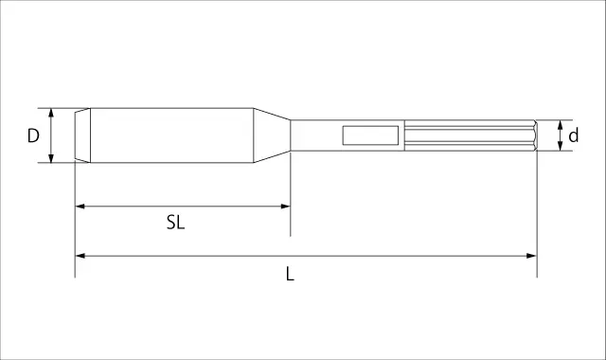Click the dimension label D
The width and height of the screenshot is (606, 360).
tap(33, 135)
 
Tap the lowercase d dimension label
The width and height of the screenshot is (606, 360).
tap(574, 135)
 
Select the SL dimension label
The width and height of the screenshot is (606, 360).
tap(175, 223)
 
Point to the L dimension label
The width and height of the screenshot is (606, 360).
tap(290, 274)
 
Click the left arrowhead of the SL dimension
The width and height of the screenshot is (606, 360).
tap(80, 207)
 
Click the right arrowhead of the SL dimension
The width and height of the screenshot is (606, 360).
tap(285, 207)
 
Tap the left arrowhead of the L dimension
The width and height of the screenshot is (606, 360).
tap(80, 256)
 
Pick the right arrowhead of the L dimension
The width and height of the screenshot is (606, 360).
tap(532, 256)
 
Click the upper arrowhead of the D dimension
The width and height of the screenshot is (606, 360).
tap(51, 113)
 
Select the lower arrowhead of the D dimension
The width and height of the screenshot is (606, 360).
tap(51, 158)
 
